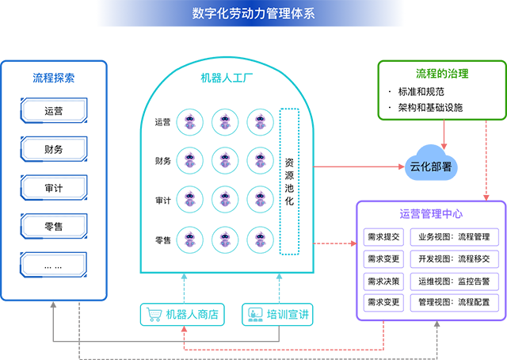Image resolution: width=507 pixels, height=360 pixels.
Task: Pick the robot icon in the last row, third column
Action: pyautogui.click(x=258, y=236)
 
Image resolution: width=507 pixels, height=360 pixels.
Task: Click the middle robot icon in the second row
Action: pyautogui.click(x=224, y=159)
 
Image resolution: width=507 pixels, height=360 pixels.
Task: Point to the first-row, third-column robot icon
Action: pyautogui.click(x=258, y=121)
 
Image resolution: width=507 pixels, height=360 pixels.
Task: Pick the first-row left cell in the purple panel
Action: pyautogui.click(x=384, y=236)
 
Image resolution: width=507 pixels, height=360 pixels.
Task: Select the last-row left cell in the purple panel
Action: pyautogui.click(x=384, y=301)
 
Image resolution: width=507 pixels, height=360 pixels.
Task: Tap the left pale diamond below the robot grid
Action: pyautogui.click(x=183, y=286)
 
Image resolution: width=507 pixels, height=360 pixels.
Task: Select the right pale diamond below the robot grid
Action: pyautogui.click(x=278, y=286)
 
